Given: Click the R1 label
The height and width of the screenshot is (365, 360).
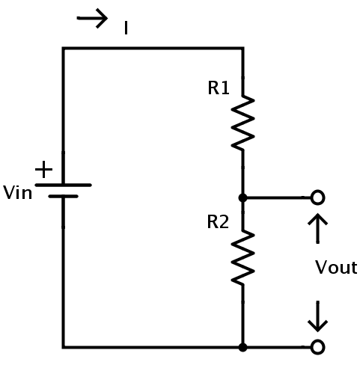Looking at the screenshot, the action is (219, 88).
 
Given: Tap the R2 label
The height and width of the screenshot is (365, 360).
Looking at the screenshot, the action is (218, 222).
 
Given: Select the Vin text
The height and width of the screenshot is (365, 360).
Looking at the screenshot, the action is (17, 192).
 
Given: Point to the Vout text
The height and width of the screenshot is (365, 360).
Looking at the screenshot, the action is (336, 267).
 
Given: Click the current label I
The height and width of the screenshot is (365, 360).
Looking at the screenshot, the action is (126, 28).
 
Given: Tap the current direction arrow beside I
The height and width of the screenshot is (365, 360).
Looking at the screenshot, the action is (92, 18).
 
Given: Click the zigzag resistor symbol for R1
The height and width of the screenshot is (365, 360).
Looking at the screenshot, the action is (242, 122).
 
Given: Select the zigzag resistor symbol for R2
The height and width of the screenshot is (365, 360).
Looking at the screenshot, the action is (242, 257).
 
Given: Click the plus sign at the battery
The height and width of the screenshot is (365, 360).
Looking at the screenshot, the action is (44, 170).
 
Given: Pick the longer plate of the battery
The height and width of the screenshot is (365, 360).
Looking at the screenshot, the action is (64, 185).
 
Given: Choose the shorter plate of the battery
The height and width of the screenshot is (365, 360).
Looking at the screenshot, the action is (64, 197).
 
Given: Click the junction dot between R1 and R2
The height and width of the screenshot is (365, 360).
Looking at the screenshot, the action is (242, 198).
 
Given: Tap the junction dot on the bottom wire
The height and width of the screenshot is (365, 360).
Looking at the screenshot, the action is (242, 347).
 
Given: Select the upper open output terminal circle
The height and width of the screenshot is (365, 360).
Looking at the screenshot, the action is (317, 197).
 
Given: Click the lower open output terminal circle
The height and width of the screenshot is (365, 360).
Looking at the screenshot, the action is (317, 347).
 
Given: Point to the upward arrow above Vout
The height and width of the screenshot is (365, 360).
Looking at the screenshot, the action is (317, 228).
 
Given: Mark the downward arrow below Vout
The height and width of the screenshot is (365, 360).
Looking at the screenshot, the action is (317, 316).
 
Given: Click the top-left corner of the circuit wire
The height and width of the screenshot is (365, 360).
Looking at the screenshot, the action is (64, 48).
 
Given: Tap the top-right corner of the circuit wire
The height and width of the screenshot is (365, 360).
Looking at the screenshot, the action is (242, 48).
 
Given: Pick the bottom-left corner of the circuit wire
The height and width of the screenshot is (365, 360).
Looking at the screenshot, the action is (64, 347).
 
